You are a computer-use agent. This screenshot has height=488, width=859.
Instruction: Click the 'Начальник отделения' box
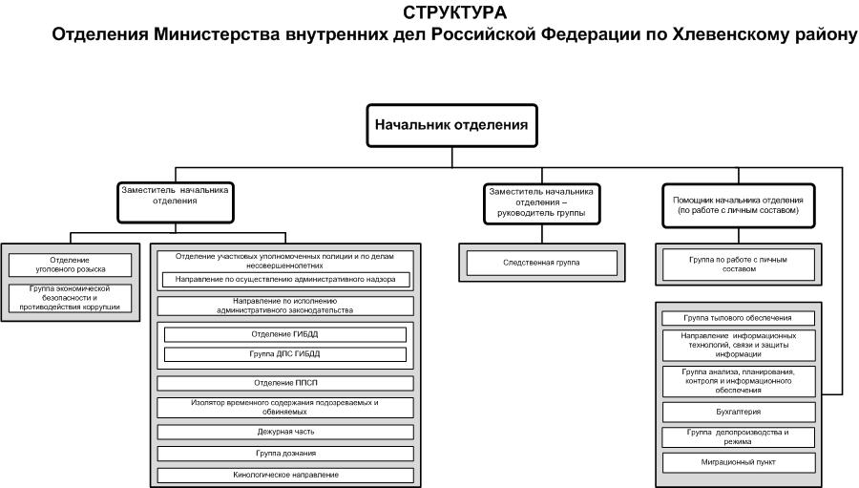pyautogui.click(x=451, y=125)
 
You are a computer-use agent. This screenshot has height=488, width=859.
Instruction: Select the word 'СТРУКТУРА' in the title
pyautogui.click(x=454, y=12)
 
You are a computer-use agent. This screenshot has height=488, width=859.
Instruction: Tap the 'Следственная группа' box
pyautogui.click(x=542, y=263)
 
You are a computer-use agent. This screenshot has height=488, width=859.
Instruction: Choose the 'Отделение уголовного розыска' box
pyautogui.click(x=70, y=265)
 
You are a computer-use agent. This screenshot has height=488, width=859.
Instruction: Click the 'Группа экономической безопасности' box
pyautogui.click(x=70, y=298)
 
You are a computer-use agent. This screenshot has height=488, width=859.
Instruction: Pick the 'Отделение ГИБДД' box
pyautogui.click(x=284, y=334)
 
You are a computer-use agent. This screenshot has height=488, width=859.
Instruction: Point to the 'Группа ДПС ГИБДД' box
pyautogui.click(x=284, y=354)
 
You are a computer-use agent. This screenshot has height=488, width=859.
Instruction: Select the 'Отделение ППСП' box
pyautogui.click(x=285, y=383)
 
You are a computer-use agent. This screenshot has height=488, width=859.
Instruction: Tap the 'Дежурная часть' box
pyautogui.click(x=285, y=432)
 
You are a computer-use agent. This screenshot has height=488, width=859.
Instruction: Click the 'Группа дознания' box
pyautogui.click(x=285, y=454)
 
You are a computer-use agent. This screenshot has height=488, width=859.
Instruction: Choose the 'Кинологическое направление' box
pyautogui.click(x=285, y=475)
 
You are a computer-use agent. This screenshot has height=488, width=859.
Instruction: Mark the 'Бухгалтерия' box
pyautogui.click(x=739, y=412)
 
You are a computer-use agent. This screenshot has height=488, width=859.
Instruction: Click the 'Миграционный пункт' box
pyautogui.click(x=739, y=462)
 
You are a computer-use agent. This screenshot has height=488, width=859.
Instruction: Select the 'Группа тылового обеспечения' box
pyautogui.click(x=739, y=318)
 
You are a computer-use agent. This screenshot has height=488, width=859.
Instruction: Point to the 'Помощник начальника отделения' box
pyautogui.click(x=739, y=205)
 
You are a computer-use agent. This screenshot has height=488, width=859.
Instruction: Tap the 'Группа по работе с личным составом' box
pyautogui.click(x=739, y=265)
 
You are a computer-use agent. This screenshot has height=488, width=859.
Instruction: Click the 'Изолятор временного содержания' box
pyautogui.click(x=285, y=408)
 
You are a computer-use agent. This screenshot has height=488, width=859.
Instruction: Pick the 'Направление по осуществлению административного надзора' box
pyautogui.click(x=285, y=280)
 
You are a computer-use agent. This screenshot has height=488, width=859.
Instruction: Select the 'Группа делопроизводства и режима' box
pyautogui.click(x=739, y=437)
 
